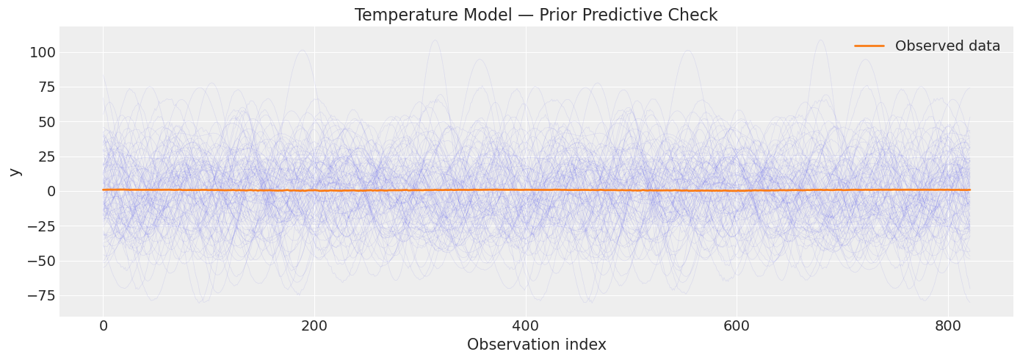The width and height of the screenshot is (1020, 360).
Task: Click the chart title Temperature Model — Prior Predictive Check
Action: point(536,15)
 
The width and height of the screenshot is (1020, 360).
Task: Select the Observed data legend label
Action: point(947,46)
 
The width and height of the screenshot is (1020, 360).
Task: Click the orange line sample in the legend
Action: point(869,46)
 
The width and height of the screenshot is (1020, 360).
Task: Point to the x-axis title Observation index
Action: point(536,345)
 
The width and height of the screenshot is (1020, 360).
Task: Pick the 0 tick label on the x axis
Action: point(104,325)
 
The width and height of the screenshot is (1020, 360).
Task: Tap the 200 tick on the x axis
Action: point(314,325)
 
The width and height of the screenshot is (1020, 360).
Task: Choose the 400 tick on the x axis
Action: point(526,325)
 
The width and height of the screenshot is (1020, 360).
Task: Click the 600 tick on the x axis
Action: point(737,325)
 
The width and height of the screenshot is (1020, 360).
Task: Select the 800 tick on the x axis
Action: point(948,325)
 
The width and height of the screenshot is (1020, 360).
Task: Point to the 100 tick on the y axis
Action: point(43,52)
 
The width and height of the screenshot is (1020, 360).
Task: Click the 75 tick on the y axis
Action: point(46,87)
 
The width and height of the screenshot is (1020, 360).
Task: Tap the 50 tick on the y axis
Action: point(46,122)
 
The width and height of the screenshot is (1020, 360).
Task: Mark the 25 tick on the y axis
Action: point(46,156)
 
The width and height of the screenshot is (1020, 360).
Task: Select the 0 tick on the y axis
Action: point(50,191)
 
